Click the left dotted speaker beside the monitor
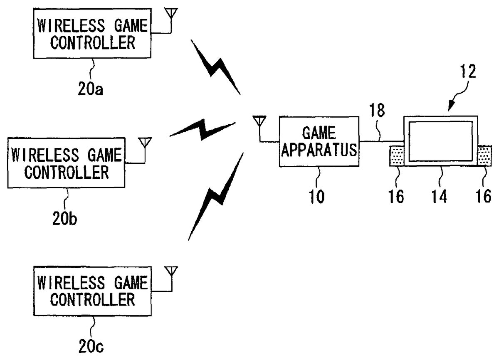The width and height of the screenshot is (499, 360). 397,156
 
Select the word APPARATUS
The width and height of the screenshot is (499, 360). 319,150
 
